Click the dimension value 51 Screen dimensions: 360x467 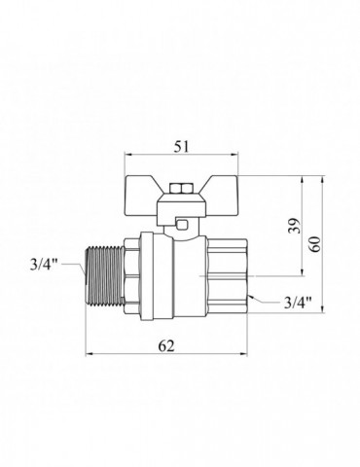point(181,147)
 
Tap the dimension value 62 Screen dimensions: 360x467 point(166,345)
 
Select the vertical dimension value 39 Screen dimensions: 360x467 point(295,226)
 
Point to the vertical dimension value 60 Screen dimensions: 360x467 point(316,244)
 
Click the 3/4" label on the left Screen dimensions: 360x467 point(43,265)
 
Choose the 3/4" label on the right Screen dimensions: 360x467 point(298,304)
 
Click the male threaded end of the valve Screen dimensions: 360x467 point(104,275)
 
